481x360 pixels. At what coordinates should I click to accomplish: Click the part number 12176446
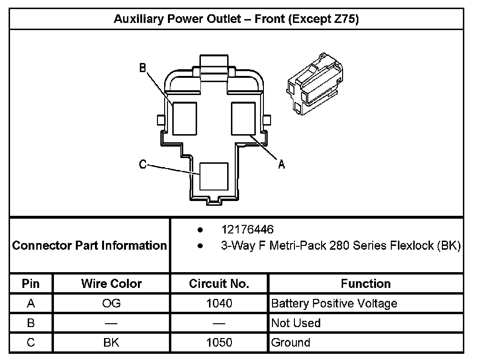247,230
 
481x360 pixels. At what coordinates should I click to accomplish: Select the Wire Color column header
111,284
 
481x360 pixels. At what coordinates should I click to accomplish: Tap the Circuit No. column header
219,284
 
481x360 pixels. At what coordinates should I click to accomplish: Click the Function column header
366,284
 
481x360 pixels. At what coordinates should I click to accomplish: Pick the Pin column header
31,284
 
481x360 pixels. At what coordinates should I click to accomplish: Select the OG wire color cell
111,303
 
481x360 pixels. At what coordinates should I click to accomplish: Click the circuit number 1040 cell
219,303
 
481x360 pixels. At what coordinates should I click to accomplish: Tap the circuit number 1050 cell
219,342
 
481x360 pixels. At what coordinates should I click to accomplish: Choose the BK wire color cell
111,342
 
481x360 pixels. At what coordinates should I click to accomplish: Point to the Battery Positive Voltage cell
334,303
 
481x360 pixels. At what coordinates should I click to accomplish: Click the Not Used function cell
296,323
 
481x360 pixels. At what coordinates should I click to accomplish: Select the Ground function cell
291,342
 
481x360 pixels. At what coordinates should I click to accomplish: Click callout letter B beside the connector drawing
142,68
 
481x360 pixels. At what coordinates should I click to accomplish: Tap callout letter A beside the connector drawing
282,165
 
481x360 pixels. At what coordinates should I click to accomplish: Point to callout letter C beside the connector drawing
142,165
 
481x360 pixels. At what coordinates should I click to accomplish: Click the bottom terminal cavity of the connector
213,176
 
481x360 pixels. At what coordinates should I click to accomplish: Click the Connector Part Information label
89,245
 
